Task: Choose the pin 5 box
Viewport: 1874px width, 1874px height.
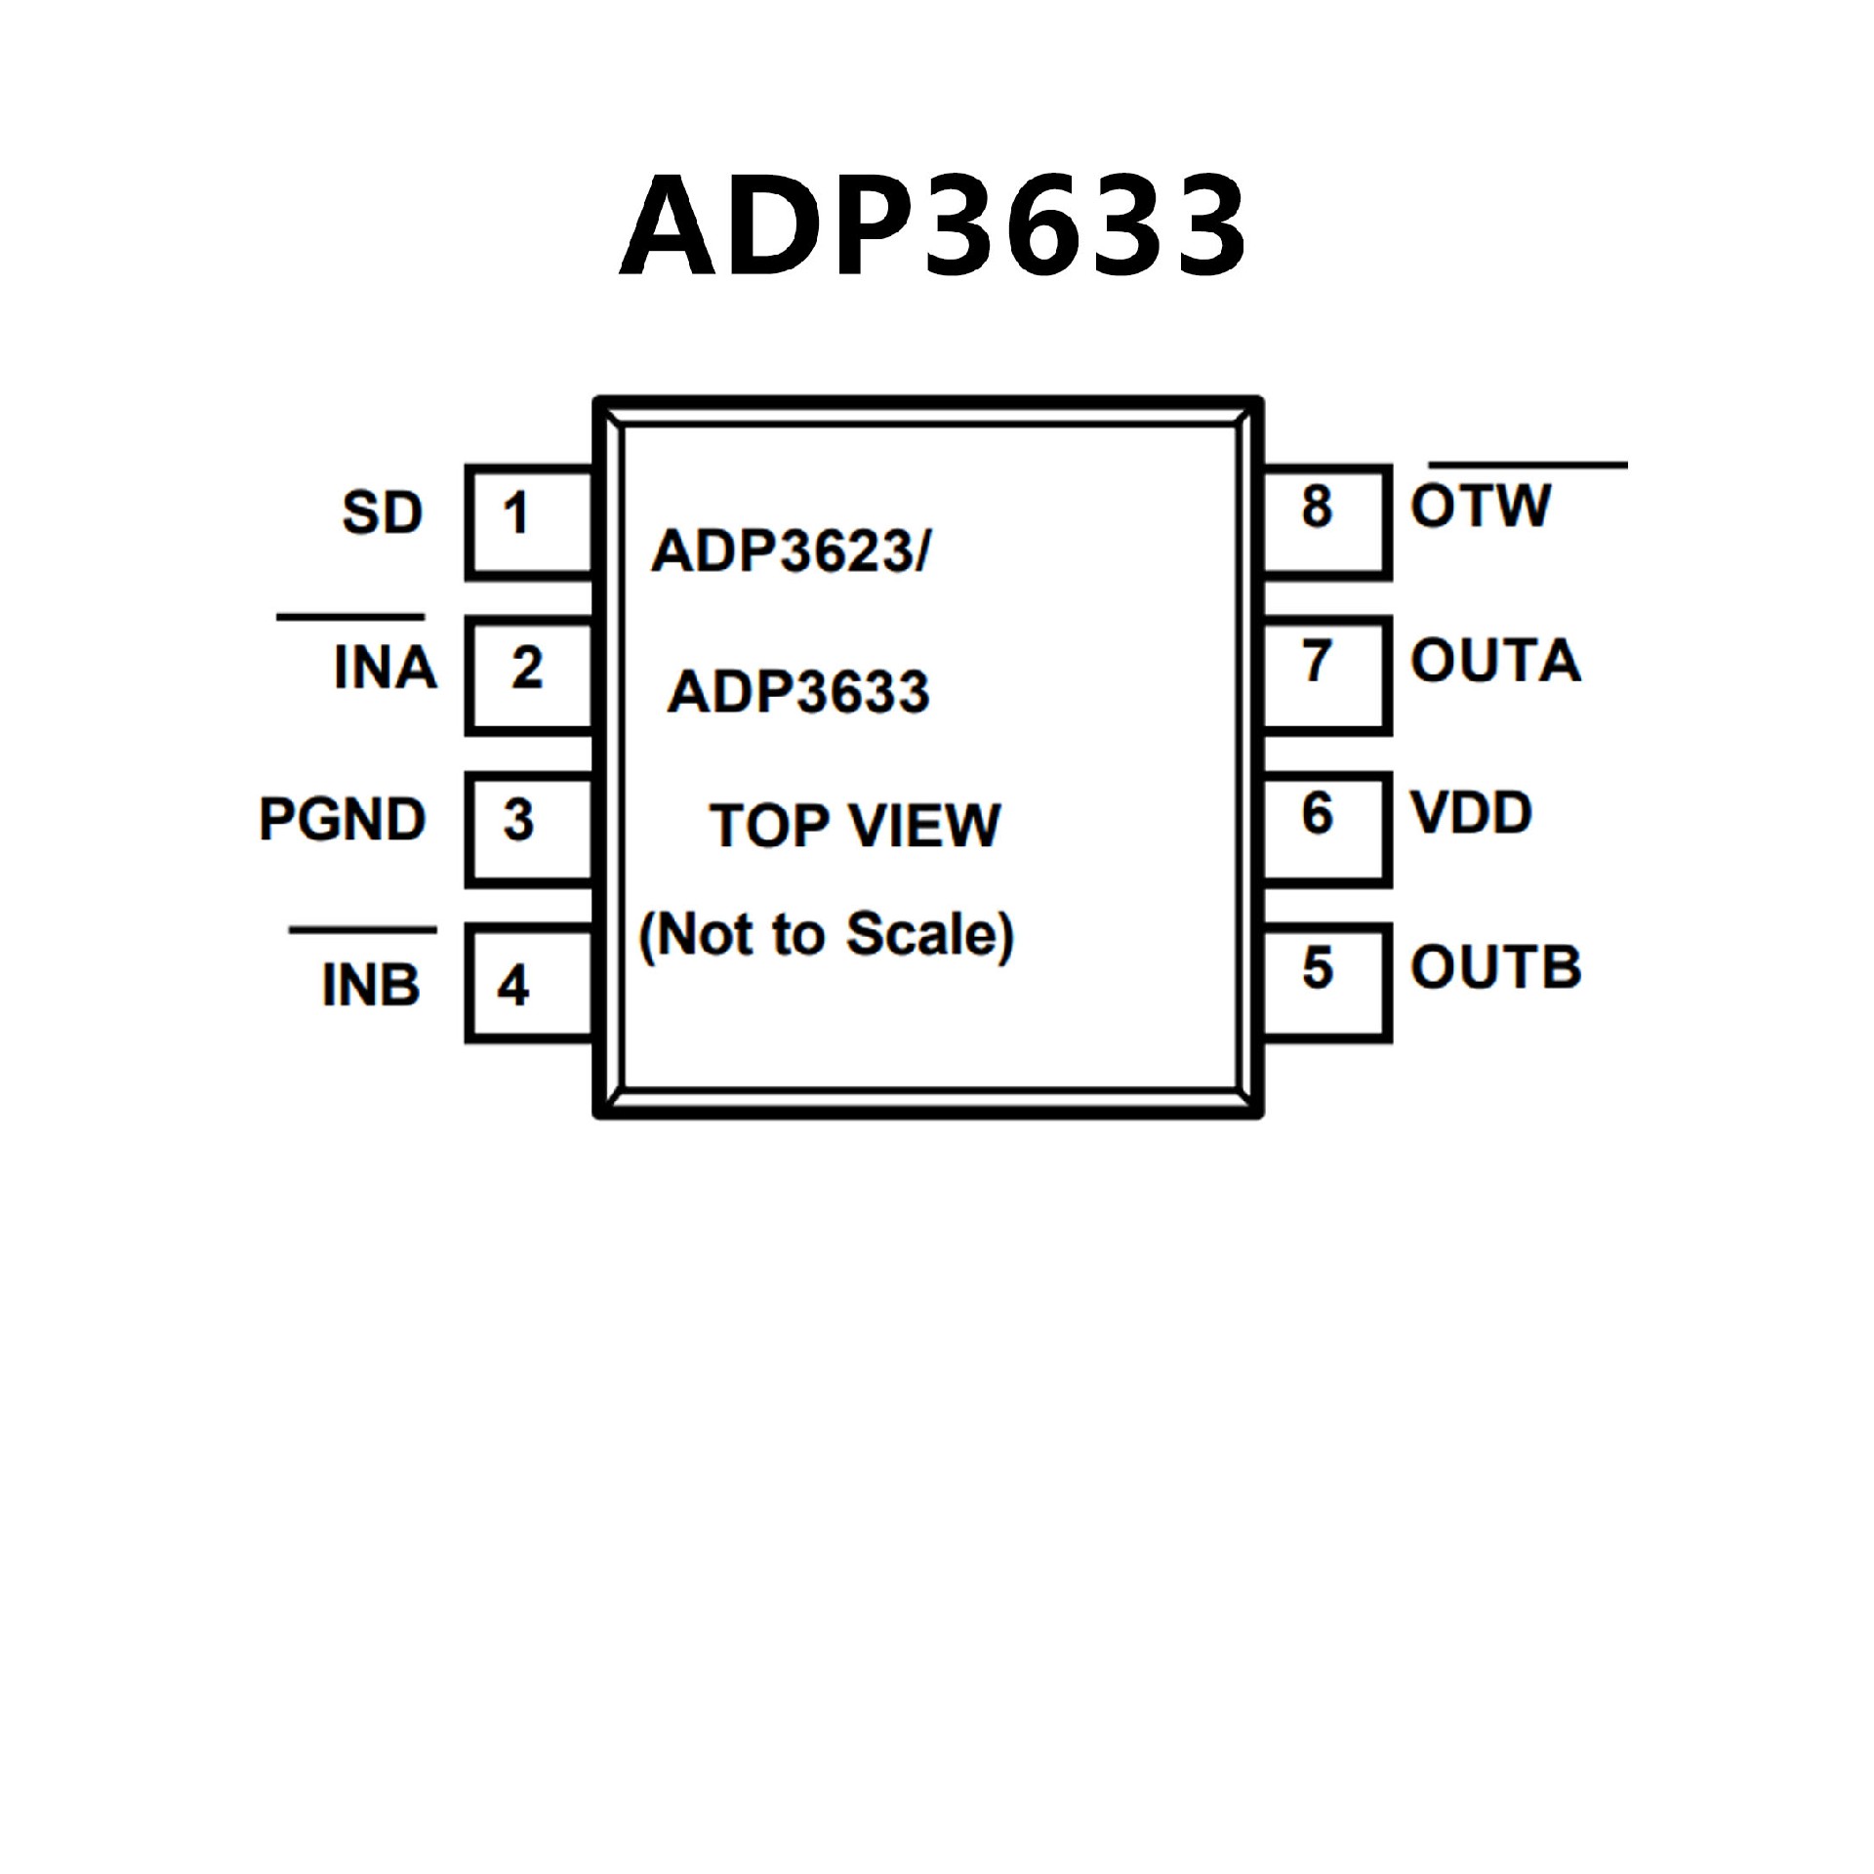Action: click(1325, 983)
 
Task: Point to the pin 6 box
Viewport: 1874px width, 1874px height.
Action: click(1325, 829)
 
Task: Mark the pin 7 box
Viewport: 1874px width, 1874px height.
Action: click(1325, 674)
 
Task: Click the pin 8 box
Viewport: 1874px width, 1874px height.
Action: click(1325, 522)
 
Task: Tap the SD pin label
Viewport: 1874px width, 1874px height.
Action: click(383, 513)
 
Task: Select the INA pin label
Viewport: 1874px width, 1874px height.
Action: click(385, 668)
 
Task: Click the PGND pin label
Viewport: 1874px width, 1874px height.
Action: click(343, 819)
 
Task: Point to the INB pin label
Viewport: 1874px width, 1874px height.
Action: click(371, 984)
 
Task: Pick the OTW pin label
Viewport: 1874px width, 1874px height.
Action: click(1481, 507)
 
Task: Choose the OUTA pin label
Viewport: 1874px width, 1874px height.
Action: click(1495, 661)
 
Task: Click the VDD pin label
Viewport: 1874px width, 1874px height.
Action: click(1471, 813)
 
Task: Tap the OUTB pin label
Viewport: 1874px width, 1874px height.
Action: click(1495, 967)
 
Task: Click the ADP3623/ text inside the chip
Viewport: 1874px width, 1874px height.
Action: click(792, 552)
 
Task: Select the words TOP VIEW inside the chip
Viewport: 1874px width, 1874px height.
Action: click(855, 826)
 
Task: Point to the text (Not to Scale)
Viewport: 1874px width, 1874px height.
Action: click(826, 935)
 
